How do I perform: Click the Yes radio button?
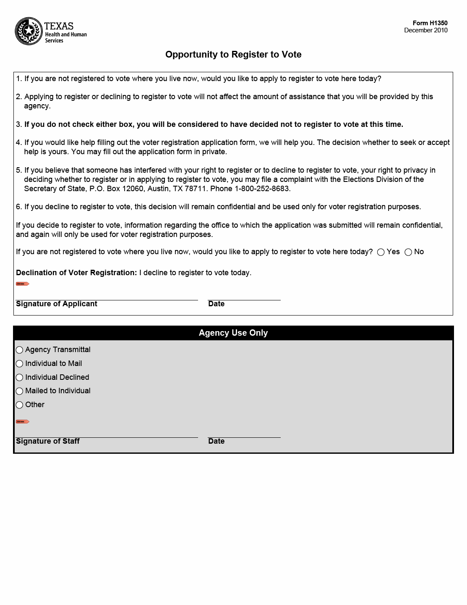click(381, 252)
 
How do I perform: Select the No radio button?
click(408, 252)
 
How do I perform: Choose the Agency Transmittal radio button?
click(19, 350)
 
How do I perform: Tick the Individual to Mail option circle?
click(19, 364)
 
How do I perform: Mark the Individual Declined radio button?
click(19, 378)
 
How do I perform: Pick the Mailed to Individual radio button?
click(19, 391)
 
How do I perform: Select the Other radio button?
click(19, 405)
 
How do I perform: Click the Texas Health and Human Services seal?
click(29, 32)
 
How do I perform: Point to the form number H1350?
click(430, 23)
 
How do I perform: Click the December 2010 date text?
click(425, 30)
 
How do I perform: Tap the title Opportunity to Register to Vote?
click(233, 55)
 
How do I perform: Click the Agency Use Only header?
click(233, 333)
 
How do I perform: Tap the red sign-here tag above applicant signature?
click(22, 284)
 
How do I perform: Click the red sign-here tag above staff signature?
click(22, 421)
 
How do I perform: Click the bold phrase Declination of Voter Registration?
click(76, 273)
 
